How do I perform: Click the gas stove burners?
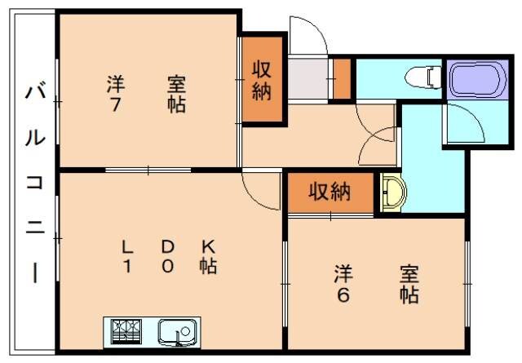click(x=127, y=330)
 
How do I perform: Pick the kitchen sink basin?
click(x=175, y=331)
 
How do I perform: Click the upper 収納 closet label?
click(x=261, y=80)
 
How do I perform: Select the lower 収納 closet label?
click(x=329, y=193)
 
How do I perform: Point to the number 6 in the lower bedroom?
click(x=343, y=294)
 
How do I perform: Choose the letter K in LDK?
click(x=207, y=246)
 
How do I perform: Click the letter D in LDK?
click(x=166, y=246)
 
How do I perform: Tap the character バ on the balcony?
click(x=33, y=91)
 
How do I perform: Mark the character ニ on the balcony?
click(x=33, y=229)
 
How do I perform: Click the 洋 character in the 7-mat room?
click(x=113, y=83)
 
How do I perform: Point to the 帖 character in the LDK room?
click(x=207, y=266)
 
